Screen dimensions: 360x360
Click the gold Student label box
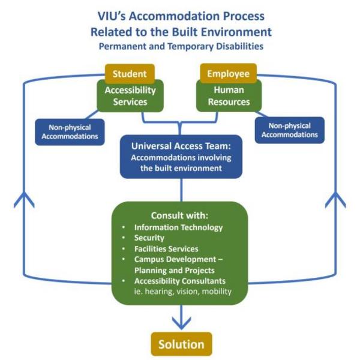click(130, 73)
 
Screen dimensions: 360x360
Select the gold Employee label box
click(228, 73)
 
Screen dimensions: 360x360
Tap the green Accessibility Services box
click(130, 96)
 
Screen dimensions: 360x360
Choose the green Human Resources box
click(228, 96)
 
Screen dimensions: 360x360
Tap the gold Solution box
click(181, 344)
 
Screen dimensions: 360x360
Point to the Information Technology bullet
click(178, 227)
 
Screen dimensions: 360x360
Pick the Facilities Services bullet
click(166, 249)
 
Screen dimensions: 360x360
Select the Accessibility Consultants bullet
click(182, 281)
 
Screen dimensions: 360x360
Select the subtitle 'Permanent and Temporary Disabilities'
click(181, 45)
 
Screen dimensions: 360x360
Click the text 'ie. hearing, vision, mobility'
click(182, 292)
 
